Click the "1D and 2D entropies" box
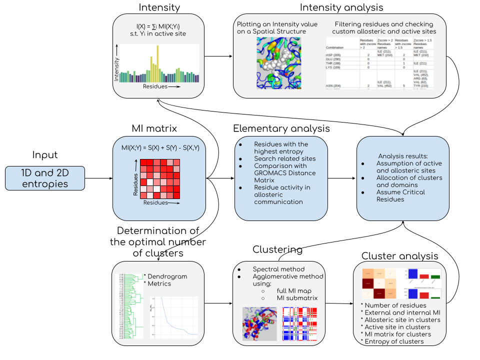(x=45, y=178)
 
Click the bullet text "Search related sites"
(x=285, y=159)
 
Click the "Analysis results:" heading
(x=402, y=156)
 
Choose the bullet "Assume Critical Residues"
(x=400, y=195)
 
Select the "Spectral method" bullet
(x=278, y=269)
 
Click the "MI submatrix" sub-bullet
(x=297, y=298)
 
